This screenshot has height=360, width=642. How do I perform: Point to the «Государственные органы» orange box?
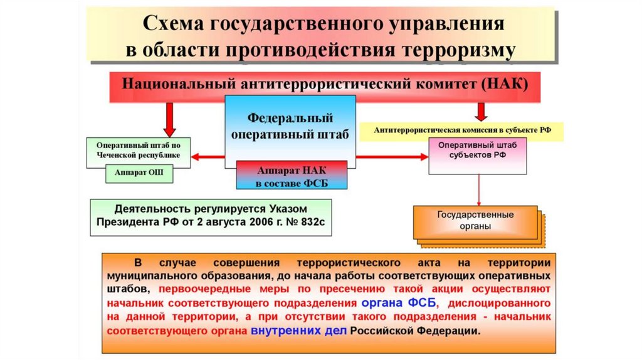point(475,220)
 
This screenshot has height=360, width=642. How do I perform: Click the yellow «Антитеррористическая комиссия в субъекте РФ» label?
point(462,130)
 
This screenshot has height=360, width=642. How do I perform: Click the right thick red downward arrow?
point(481,110)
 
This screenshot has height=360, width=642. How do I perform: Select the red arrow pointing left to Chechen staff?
point(207,157)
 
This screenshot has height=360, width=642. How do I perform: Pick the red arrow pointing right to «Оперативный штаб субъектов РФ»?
point(392,157)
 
